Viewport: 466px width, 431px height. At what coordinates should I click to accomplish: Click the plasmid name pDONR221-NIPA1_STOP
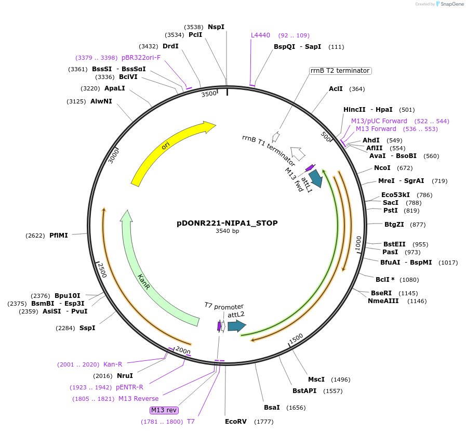pyautogui.click(x=227, y=223)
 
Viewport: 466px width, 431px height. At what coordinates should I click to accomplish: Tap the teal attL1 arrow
pyautogui.click(x=315, y=178)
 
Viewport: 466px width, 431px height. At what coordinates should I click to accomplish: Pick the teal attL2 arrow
pyautogui.click(x=236, y=326)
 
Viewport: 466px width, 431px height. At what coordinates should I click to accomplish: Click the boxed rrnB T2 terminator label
pyautogui.click(x=340, y=71)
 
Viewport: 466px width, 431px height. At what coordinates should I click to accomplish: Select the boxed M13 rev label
pyautogui.click(x=164, y=410)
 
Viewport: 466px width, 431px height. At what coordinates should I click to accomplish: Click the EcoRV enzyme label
pyautogui.click(x=235, y=422)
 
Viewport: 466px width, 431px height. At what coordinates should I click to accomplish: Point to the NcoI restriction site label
pyautogui.click(x=382, y=168)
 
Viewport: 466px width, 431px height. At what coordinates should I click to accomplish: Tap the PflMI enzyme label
pyautogui.click(x=59, y=236)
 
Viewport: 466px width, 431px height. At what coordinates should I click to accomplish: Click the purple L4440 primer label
pyautogui.click(x=260, y=35)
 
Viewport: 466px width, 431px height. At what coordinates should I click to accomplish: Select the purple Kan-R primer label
pyautogui.click(x=113, y=364)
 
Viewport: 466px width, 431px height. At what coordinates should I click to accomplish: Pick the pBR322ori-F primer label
pyautogui.click(x=141, y=58)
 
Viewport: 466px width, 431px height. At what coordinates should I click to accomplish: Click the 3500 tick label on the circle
pyautogui.click(x=209, y=94)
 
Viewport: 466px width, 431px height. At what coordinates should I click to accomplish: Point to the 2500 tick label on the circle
pyautogui.click(x=102, y=270)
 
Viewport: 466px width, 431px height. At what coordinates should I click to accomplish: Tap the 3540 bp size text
pyautogui.click(x=227, y=231)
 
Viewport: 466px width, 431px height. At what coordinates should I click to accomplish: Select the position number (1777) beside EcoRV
pyautogui.click(x=263, y=422)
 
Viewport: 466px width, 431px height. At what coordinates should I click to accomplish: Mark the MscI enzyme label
pyautogui.click(x=316, y=380)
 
